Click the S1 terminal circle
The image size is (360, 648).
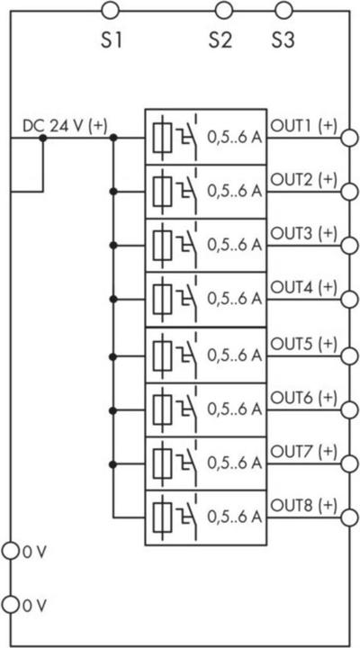[x=110, y=11]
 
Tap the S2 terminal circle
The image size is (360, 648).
[x=223, y=11]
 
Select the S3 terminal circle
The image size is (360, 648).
[x=283, y=11]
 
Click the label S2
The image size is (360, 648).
[x=220, y=40]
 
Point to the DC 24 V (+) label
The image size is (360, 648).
[x=65, y=127]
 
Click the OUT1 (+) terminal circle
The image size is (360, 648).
[x=349, y=138]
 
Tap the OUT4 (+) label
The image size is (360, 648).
[x=304, y=287]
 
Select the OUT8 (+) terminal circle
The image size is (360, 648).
[x=349, y=517]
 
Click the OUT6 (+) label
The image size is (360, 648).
[x=304, y=397]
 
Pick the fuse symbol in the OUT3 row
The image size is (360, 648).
[x=162, y=246]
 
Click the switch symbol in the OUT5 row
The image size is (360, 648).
[x=188, y=355]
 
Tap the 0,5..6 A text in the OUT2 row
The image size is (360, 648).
[x=234, y=192]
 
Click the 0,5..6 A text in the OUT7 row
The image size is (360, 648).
[x=234, y=463]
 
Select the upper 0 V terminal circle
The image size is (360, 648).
[x=10, y=552]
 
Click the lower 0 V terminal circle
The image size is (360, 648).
[x=10, y=605]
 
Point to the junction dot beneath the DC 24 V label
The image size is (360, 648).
[x=42, y=138]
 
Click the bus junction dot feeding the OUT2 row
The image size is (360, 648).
[x=113, y=192]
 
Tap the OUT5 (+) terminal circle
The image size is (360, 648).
[x=349, y=356]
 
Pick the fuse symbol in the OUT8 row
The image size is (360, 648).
[x=162, y=517]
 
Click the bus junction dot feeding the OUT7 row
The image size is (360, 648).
[x=113, y=464]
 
